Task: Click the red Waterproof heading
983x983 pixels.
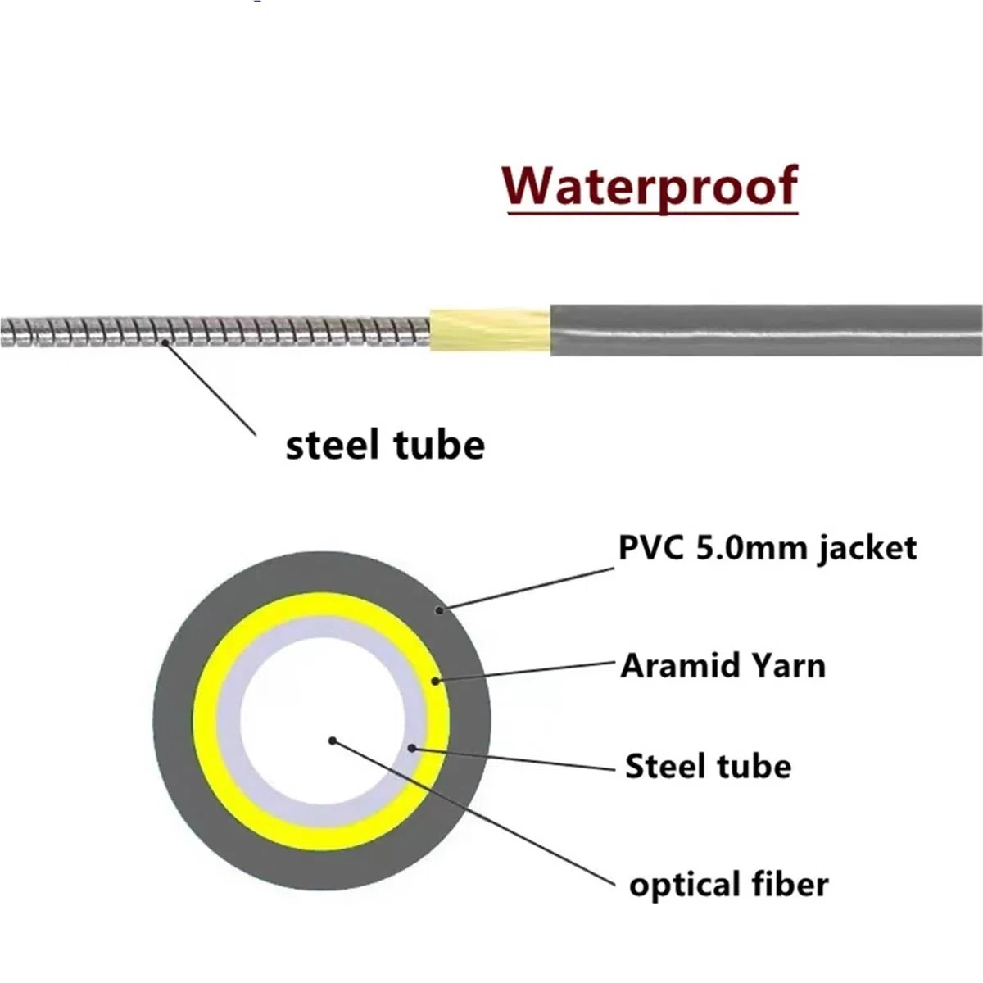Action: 650,188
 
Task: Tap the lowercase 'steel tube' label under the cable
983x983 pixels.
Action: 385,446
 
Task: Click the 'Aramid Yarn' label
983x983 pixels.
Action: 723,666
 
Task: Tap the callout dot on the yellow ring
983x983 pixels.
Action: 435,681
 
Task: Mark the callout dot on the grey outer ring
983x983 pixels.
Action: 439,610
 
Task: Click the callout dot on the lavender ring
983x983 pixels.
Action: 412,749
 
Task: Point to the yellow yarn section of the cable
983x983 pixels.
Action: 490,330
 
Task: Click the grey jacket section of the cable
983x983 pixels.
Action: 766,330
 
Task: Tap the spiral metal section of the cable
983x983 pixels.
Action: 215,332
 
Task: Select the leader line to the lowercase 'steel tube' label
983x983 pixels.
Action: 210,388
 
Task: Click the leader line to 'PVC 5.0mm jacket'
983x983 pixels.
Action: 527,589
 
